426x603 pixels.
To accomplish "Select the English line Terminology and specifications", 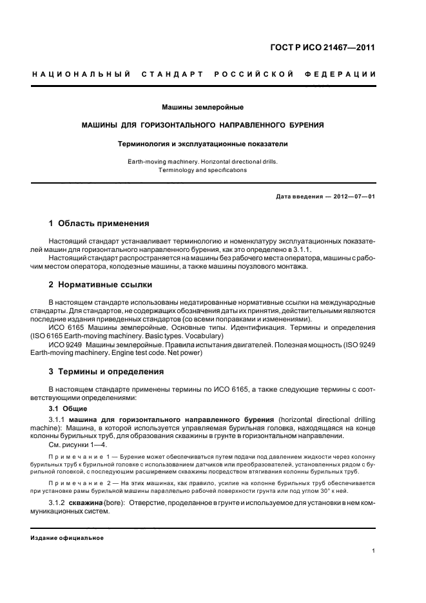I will point(203,170).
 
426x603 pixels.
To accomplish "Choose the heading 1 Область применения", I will point(99,224).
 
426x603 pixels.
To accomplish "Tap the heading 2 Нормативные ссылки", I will point(101,284).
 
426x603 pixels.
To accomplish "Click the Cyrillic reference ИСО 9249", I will point(66,345).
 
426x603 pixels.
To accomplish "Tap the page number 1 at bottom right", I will point(374,551).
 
